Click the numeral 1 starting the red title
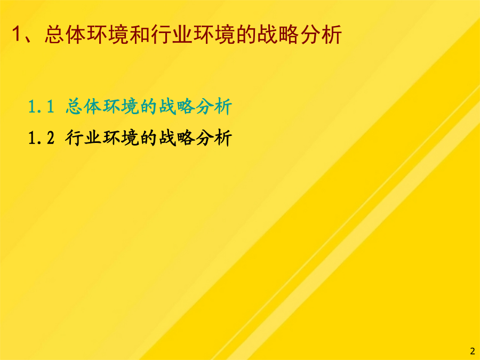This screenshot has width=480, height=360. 17,34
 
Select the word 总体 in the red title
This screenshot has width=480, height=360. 65,34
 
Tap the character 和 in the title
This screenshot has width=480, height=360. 139,34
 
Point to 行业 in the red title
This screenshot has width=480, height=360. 171,34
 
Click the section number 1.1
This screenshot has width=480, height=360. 41,107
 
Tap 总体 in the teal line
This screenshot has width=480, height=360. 83,107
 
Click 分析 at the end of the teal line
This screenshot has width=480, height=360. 214,107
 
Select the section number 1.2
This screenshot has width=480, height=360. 41,138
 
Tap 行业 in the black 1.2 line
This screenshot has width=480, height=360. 83,138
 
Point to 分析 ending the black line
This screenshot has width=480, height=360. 214,138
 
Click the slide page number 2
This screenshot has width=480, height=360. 473,351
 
